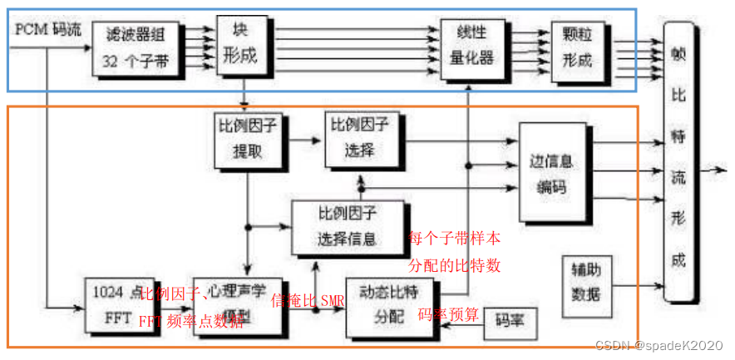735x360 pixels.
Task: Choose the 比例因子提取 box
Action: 247,140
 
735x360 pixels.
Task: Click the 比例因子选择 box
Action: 362,137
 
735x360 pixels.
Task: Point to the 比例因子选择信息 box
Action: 348,227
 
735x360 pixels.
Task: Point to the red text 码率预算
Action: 448,314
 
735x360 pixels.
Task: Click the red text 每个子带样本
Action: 454,239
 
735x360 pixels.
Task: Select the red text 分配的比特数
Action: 454,266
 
